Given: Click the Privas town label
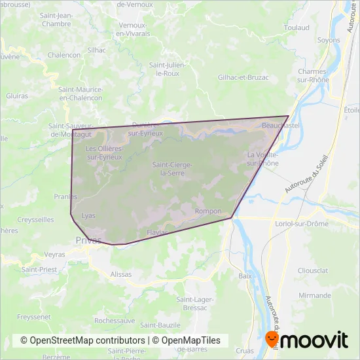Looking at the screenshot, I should click(x=88, y=240).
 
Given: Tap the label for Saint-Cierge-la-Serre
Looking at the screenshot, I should click(x=172, y=168).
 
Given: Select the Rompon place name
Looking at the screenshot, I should click(x=208, y=211).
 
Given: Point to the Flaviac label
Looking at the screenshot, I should click(x=158, y=232).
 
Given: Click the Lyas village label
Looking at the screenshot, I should click(x=88, y=215).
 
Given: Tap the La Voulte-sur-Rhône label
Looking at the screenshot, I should click(x=262, y=159).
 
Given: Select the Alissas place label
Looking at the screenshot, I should click(x=121, y=274).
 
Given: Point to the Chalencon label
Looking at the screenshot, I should click(x=64, y=55).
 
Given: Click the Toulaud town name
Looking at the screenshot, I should click(x=297, y=28).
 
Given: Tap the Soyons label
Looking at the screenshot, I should click(x=329, y=40).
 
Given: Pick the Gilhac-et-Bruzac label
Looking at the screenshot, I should click(x=243, y=77).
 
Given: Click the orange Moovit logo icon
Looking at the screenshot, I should click(x=272, y=340).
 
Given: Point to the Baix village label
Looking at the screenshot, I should click(x=245, y=276).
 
